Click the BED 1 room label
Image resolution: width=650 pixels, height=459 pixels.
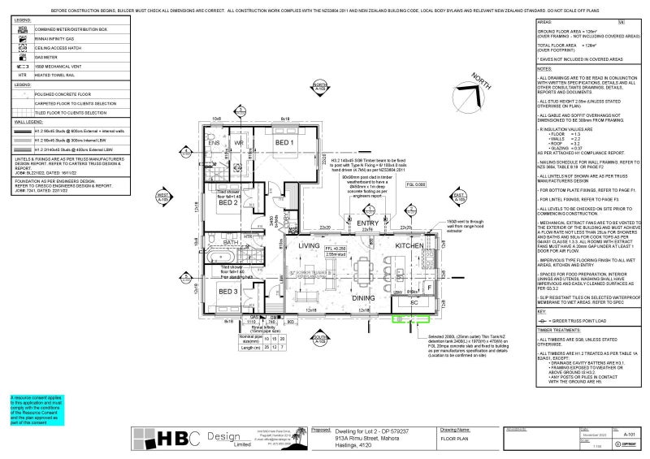pyautogui.click(x=284, y=143)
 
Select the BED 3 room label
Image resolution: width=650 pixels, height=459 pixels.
pyautogui.click(x=227, y=291)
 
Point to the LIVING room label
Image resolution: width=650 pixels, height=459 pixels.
pyautogui.click(x=309, y=245)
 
